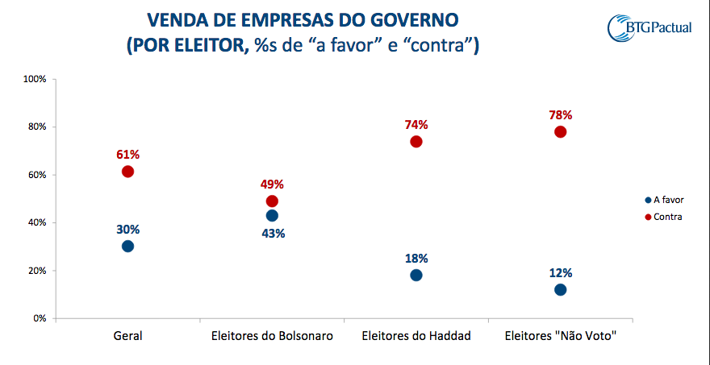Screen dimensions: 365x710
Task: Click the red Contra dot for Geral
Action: (127, 172)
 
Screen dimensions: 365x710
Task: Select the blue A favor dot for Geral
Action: (127, 246)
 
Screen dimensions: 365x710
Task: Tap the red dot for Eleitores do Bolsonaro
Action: (272, 201)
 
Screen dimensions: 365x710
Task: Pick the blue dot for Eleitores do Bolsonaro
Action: (272, 216)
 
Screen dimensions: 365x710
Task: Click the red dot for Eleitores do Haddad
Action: (416, 142)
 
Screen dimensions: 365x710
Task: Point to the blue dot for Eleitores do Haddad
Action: (416, 275)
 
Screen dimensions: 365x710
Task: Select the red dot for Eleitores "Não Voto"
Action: (561, 132)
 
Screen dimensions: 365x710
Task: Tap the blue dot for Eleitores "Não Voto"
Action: (561, 289)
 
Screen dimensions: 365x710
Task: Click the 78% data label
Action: (561, 115)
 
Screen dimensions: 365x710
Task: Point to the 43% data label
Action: (272, 234)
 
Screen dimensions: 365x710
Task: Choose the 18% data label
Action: (416, 259)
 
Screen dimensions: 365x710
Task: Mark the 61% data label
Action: (127, 154)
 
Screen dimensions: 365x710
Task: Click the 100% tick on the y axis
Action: (35, 79)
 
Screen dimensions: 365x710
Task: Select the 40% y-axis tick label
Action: (36, 222)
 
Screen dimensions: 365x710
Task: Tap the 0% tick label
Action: (40, 318)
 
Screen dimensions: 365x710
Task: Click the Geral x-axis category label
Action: (127, 335)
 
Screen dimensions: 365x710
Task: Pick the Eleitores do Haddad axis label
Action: (416, 335)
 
